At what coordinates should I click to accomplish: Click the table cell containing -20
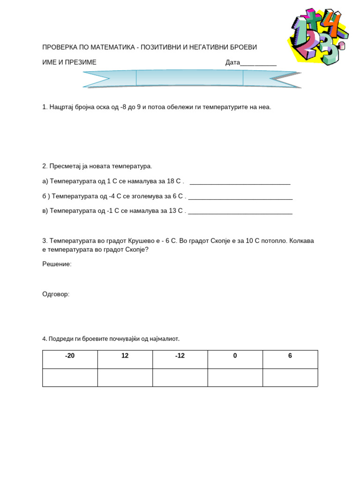click(70, 359)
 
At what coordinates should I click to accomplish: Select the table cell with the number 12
click(125, 359)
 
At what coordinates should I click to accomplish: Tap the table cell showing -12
click(180, 359)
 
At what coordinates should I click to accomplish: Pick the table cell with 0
click(235, 359)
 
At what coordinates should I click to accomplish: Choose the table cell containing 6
click(290, 359)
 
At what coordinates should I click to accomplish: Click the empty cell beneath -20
click(70, 377)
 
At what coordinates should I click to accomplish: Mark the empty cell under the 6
click(290, 377)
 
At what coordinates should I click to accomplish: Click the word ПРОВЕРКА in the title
click(60, 47)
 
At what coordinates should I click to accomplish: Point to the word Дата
click(232, 62)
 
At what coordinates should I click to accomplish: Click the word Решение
click(57, 264)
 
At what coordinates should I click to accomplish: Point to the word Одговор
click(56, 294)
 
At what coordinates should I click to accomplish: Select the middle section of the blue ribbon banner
click(189, 78)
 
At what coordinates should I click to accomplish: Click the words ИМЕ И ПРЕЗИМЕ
click(69, 62)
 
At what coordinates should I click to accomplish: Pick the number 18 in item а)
click(171, 181)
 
